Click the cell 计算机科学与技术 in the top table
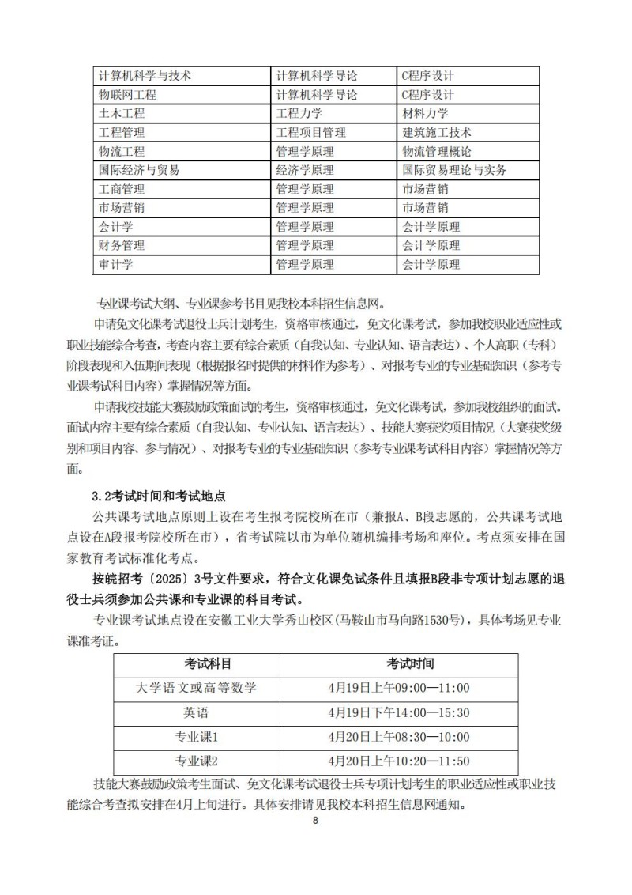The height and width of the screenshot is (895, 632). tap(143, 76)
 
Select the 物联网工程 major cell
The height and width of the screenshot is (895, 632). tap(127, 95)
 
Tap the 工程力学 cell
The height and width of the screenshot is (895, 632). tap(299, 114)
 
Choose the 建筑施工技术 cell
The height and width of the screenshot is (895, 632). tap(437, 133)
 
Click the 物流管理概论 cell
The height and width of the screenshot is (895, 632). tap(437, 152)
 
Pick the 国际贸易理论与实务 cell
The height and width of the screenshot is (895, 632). tap(454, 170)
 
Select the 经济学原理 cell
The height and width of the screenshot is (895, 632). tap(305, 170)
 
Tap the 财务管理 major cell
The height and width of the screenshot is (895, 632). tap(122, 246)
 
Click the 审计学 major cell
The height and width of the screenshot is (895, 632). tap(116, 265)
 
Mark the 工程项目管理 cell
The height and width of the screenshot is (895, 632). tap(310, 133)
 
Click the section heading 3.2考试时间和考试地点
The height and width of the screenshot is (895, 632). tap(159, 497)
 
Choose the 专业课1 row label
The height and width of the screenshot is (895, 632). tap(197, 737)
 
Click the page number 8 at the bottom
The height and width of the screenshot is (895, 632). tap(315, 821)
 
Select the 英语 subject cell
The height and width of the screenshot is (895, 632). tap(197, 712)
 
